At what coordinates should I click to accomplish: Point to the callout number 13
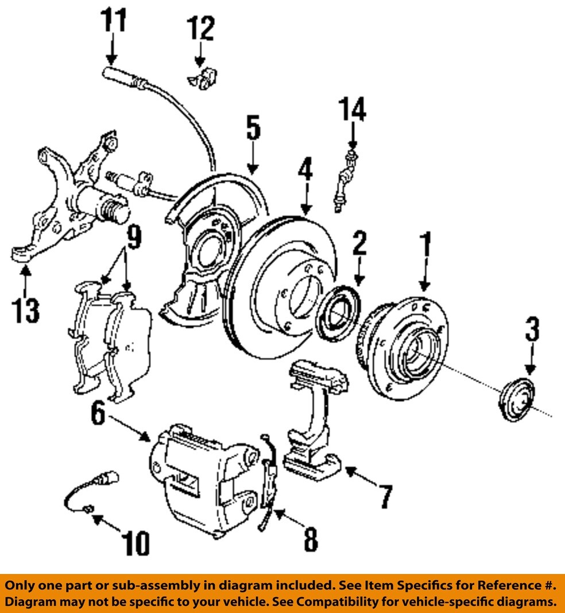click(x=26, y=310)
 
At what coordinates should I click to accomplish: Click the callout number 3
click(x=531, y=332)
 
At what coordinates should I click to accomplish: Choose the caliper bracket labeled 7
click(x=313, y=419)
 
